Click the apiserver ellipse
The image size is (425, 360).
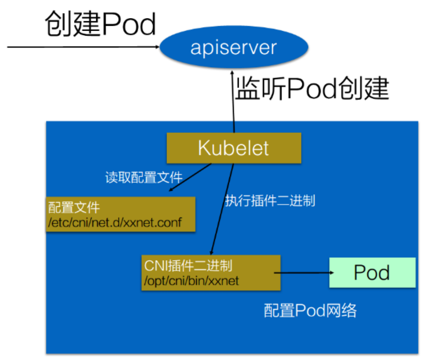click(234, 48)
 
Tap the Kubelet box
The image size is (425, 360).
click(234, 148)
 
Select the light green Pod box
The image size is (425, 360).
click(372, 272)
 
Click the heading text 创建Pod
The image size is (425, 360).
click(100, 24)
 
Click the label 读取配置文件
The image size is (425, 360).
click(144, 178)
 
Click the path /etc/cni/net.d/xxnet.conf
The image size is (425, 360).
click(115, 222)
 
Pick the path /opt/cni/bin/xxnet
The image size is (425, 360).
click(191, 281)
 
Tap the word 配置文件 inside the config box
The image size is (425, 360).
click(74, 208)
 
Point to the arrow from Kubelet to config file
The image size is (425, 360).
click(191, 177)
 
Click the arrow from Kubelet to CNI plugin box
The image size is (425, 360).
click(223, 207)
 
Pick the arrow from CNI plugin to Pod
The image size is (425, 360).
click(303, 273)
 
